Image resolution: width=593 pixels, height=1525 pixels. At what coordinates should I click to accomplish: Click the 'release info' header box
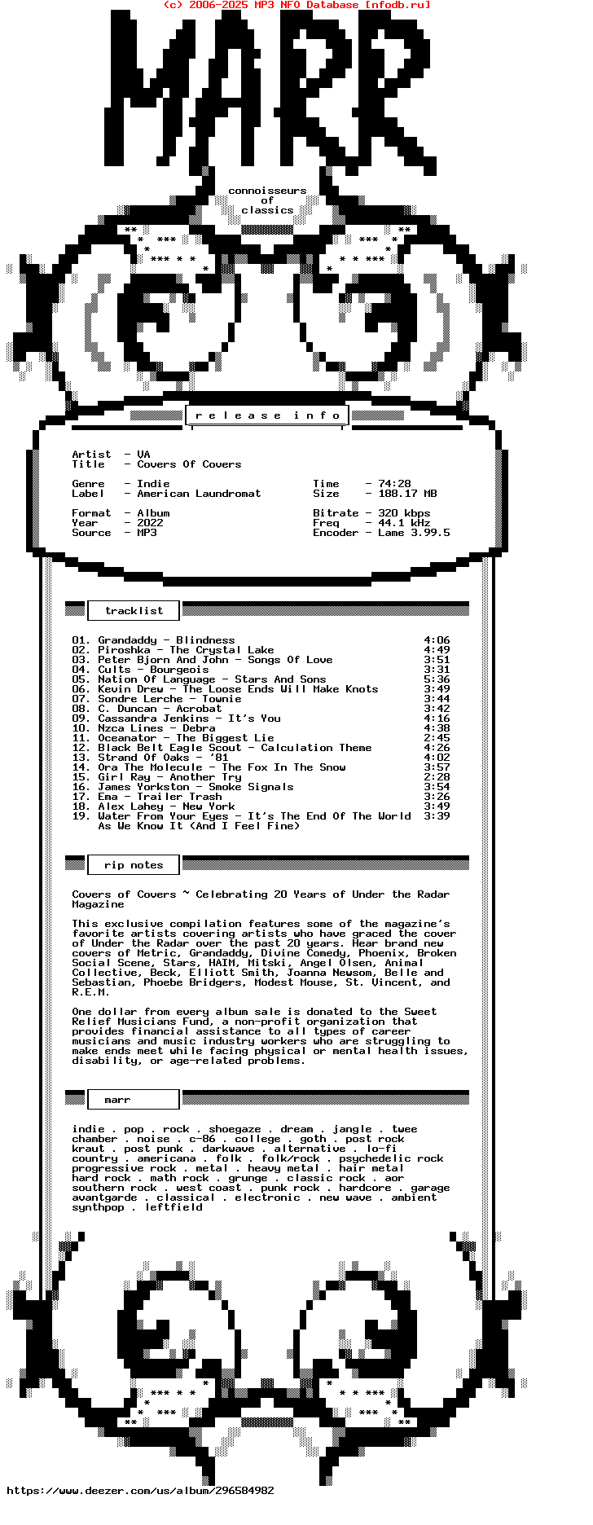point(267,415)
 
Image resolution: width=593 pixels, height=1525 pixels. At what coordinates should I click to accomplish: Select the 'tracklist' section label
point(134,611)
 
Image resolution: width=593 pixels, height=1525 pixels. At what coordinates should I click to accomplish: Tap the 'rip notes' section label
point(134,865)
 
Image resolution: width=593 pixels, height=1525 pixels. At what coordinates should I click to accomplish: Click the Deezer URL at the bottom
point(140,1491)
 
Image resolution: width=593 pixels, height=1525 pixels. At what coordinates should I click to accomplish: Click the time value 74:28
point(394,484)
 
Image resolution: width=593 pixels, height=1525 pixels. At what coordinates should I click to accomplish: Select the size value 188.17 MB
point(407,494)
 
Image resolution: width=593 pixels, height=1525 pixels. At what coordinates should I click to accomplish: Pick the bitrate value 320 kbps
point(404,513)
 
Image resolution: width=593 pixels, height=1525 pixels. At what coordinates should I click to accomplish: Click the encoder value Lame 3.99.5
point(414,533)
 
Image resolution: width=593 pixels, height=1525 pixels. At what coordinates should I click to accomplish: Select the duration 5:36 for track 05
point(437,679)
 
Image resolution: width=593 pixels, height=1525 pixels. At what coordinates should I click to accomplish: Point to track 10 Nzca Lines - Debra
point(143,728)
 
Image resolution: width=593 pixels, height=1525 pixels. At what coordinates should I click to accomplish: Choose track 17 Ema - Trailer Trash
point(147,797)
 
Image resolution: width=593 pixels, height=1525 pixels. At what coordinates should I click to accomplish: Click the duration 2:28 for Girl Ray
point(437,777)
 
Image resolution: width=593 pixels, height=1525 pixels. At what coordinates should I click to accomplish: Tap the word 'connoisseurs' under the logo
point(267,191)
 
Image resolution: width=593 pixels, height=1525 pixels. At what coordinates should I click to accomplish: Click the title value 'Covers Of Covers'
point(189,464)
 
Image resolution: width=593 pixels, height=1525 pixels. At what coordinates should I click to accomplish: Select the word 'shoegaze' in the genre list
point(235,1129)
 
